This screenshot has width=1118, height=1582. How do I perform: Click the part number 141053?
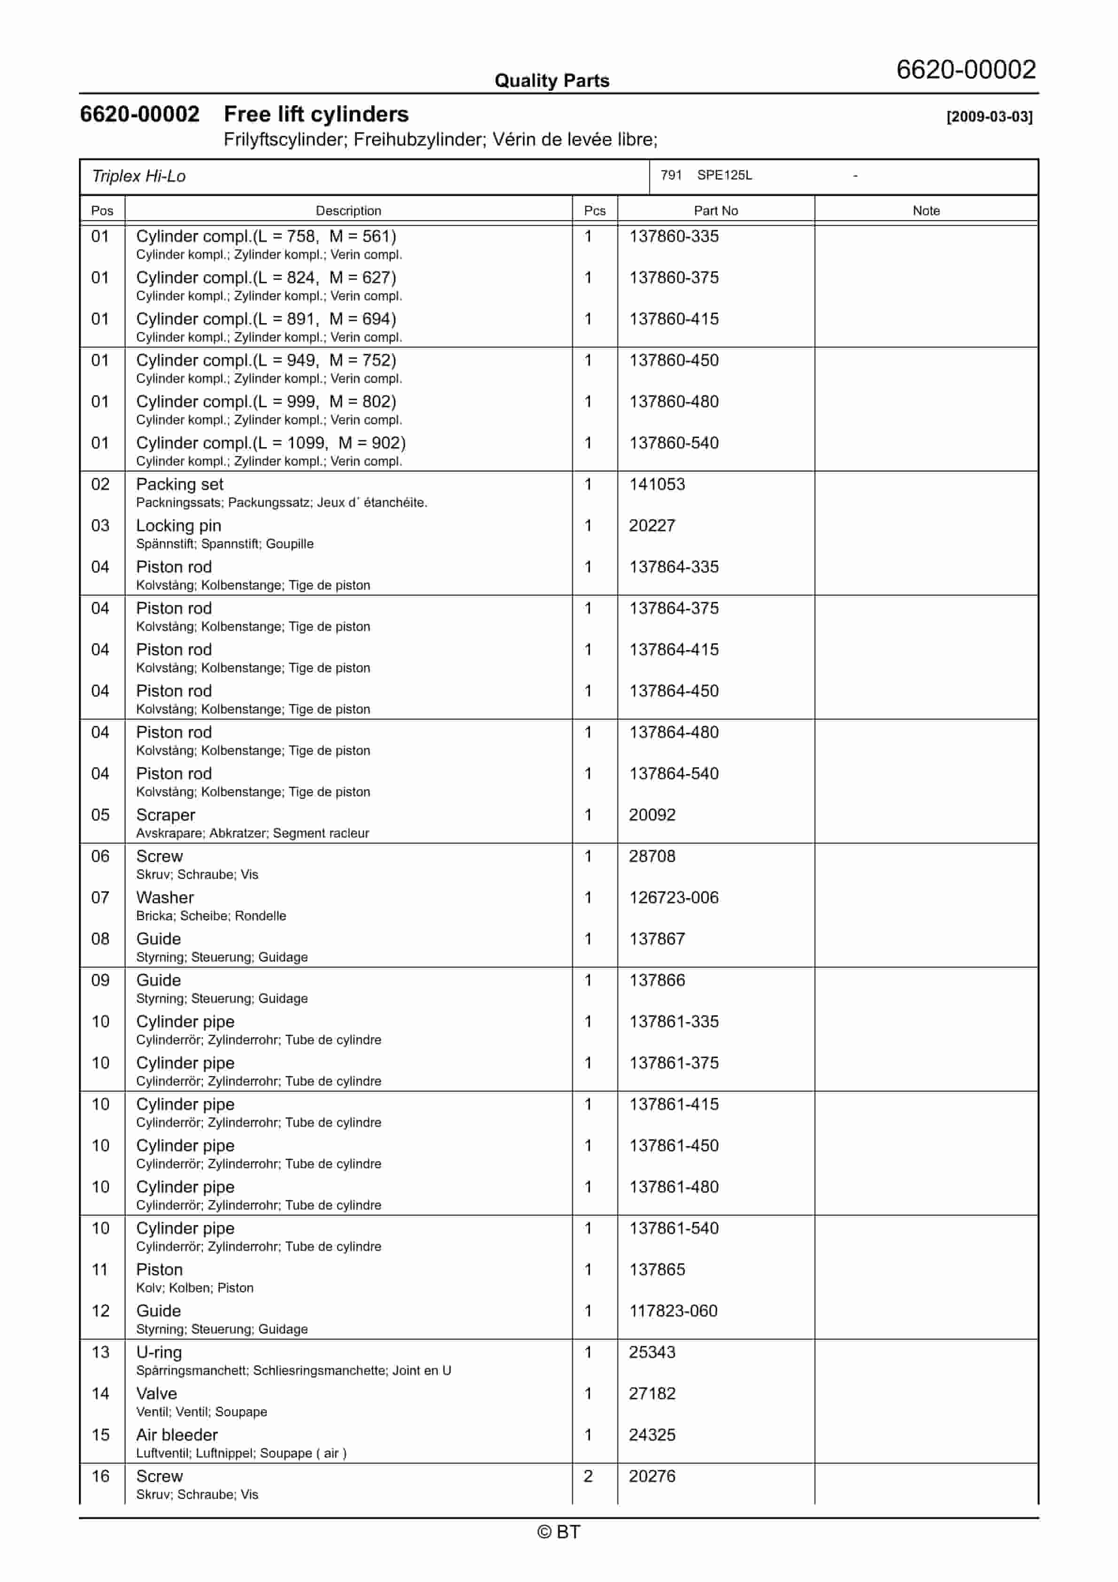(x=656, y=484)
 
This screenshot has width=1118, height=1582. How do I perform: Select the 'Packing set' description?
(x=179, y=484)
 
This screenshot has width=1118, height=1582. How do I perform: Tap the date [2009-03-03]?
(x=989, y=116)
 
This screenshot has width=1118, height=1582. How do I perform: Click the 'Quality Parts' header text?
(x=551, y=81)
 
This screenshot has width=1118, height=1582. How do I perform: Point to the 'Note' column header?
(x=926, y=211)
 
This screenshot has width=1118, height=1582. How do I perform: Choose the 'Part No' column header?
(x=715, y=211)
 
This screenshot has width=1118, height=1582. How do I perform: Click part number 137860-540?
(x=674, y=443)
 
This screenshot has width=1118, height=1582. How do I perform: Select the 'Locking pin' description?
(x=179, y=526)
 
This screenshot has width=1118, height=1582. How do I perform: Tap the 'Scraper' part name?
(x=165, y=815)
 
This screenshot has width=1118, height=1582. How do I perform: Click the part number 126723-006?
(x=674, y=898)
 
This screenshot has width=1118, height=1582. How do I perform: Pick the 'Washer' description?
(x=165, y=898)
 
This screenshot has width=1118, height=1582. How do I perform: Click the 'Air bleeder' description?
(x=177, y=1435)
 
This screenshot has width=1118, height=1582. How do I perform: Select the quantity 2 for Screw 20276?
(x=588, y=1477)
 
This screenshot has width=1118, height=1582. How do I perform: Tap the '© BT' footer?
(x=559, y=1532)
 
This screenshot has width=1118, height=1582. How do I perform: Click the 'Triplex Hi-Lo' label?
(x=139, y=177)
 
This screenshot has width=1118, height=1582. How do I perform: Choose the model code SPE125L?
(x=724, y=175)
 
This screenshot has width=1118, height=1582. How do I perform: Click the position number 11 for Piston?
(x=100, y=1270)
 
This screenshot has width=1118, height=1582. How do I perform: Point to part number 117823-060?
(x=673, y=1311)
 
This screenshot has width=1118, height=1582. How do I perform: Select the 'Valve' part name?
(x=156, y=1394)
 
